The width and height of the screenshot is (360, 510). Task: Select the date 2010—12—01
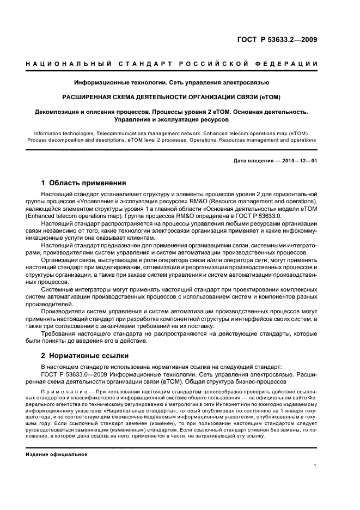coord(298,160)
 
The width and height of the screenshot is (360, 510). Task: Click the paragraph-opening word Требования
coord(60,333)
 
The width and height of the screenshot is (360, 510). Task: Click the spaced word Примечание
coord(60,392)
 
